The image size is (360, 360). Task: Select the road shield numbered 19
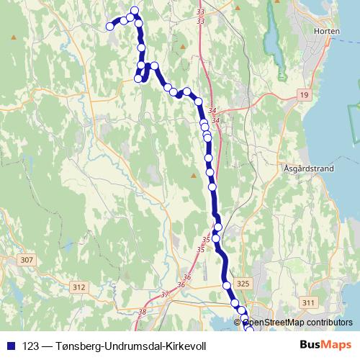tap(305, 95)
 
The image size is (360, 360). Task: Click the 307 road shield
tap(27, 259)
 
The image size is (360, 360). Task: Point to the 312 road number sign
tap(78, 287)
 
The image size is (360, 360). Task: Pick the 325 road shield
tap(242, 284)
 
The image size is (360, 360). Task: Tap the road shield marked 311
tap(310, 302)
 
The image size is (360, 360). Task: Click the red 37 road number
tap(164, 294)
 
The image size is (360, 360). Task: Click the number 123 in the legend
tap(30, 346)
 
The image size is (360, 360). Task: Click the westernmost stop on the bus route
tap(110, 27)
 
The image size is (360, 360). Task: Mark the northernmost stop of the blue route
tap(134, 10)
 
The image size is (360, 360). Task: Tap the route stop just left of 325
tap(227, 285)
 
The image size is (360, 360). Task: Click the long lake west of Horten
tap(272, 32)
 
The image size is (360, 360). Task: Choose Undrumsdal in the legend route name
tap(133, 346)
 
